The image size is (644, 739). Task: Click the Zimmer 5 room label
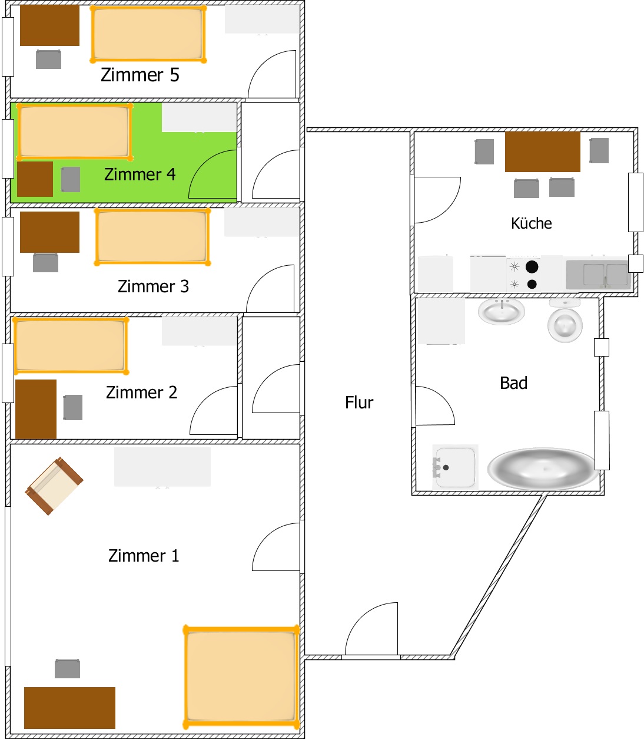tap(140, 75)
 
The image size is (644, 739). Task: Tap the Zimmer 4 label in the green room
tap(140, 174)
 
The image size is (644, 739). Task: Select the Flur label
tap(359, 403)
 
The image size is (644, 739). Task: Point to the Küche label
tap(531, 223)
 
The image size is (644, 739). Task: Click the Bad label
tap(513, 383)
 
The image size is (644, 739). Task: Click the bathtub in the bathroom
tap(543, 469)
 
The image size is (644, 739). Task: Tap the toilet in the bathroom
tap(565, 321)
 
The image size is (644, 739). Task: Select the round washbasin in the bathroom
tap(502, 311)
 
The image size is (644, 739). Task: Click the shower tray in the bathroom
tap(455, 467)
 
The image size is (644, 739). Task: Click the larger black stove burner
tap(532, 267)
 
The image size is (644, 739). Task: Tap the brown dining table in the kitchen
tap(542, 151)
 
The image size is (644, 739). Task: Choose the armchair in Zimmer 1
tap(54, 486)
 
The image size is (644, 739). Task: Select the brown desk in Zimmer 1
tap(69, 708)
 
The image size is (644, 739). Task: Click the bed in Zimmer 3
tap(152, 237)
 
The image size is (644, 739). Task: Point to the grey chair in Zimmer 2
tap(73, 407)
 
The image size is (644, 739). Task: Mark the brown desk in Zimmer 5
tap(49, 25)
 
